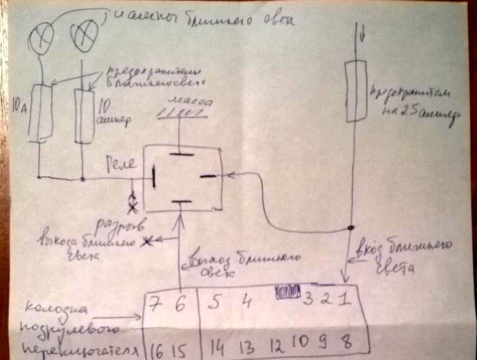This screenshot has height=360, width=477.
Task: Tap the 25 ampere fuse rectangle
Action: [x=354, y=91]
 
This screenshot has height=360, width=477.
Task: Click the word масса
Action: [x=189, y=101]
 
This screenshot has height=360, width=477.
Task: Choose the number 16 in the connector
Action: [x=157, y=345]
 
